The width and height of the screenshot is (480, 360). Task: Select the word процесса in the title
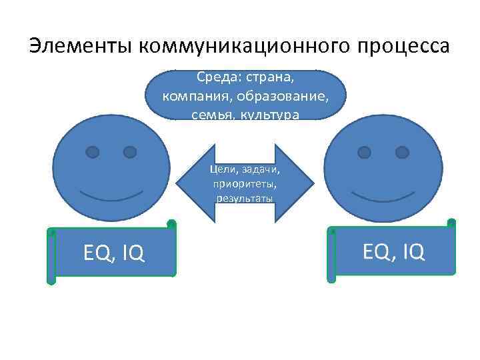(403, 46)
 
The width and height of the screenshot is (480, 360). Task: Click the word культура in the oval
(271, 115)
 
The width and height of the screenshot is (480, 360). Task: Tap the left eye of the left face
(93, 152)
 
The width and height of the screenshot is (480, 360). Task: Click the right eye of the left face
(130, 152)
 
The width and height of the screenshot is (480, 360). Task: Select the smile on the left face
(111, 195)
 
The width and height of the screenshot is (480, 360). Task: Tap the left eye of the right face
(365, 152)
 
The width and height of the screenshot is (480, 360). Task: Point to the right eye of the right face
(402, 152)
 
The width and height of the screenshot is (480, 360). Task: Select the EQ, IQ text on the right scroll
(394, 251)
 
